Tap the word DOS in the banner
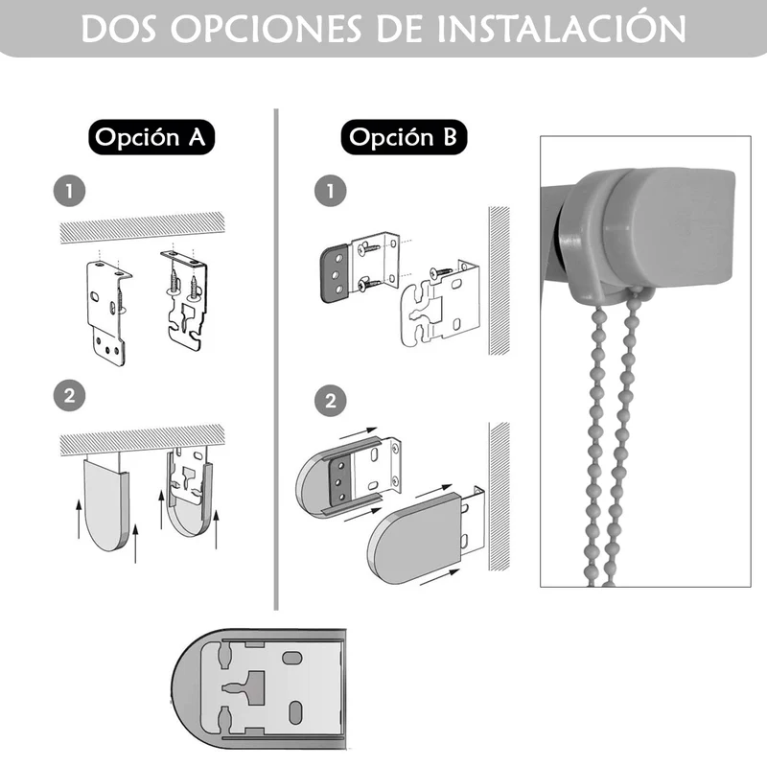(x=118, y=29)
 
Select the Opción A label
(x=151, y=137)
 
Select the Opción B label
(x=404, y=137)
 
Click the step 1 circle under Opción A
(x=69, y=191)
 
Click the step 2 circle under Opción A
(x=69, y=395)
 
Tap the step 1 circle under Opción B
(x=330, y=191)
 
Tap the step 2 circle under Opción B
(x=330, y=401)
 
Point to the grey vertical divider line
(x=276, y=360)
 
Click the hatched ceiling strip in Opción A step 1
(x=142, y=227)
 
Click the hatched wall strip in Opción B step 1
(x=500, y=281)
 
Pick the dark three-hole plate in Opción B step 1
(x=337, y=274)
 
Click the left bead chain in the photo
(x=595, y=440)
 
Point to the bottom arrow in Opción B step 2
(x=439, y=577)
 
